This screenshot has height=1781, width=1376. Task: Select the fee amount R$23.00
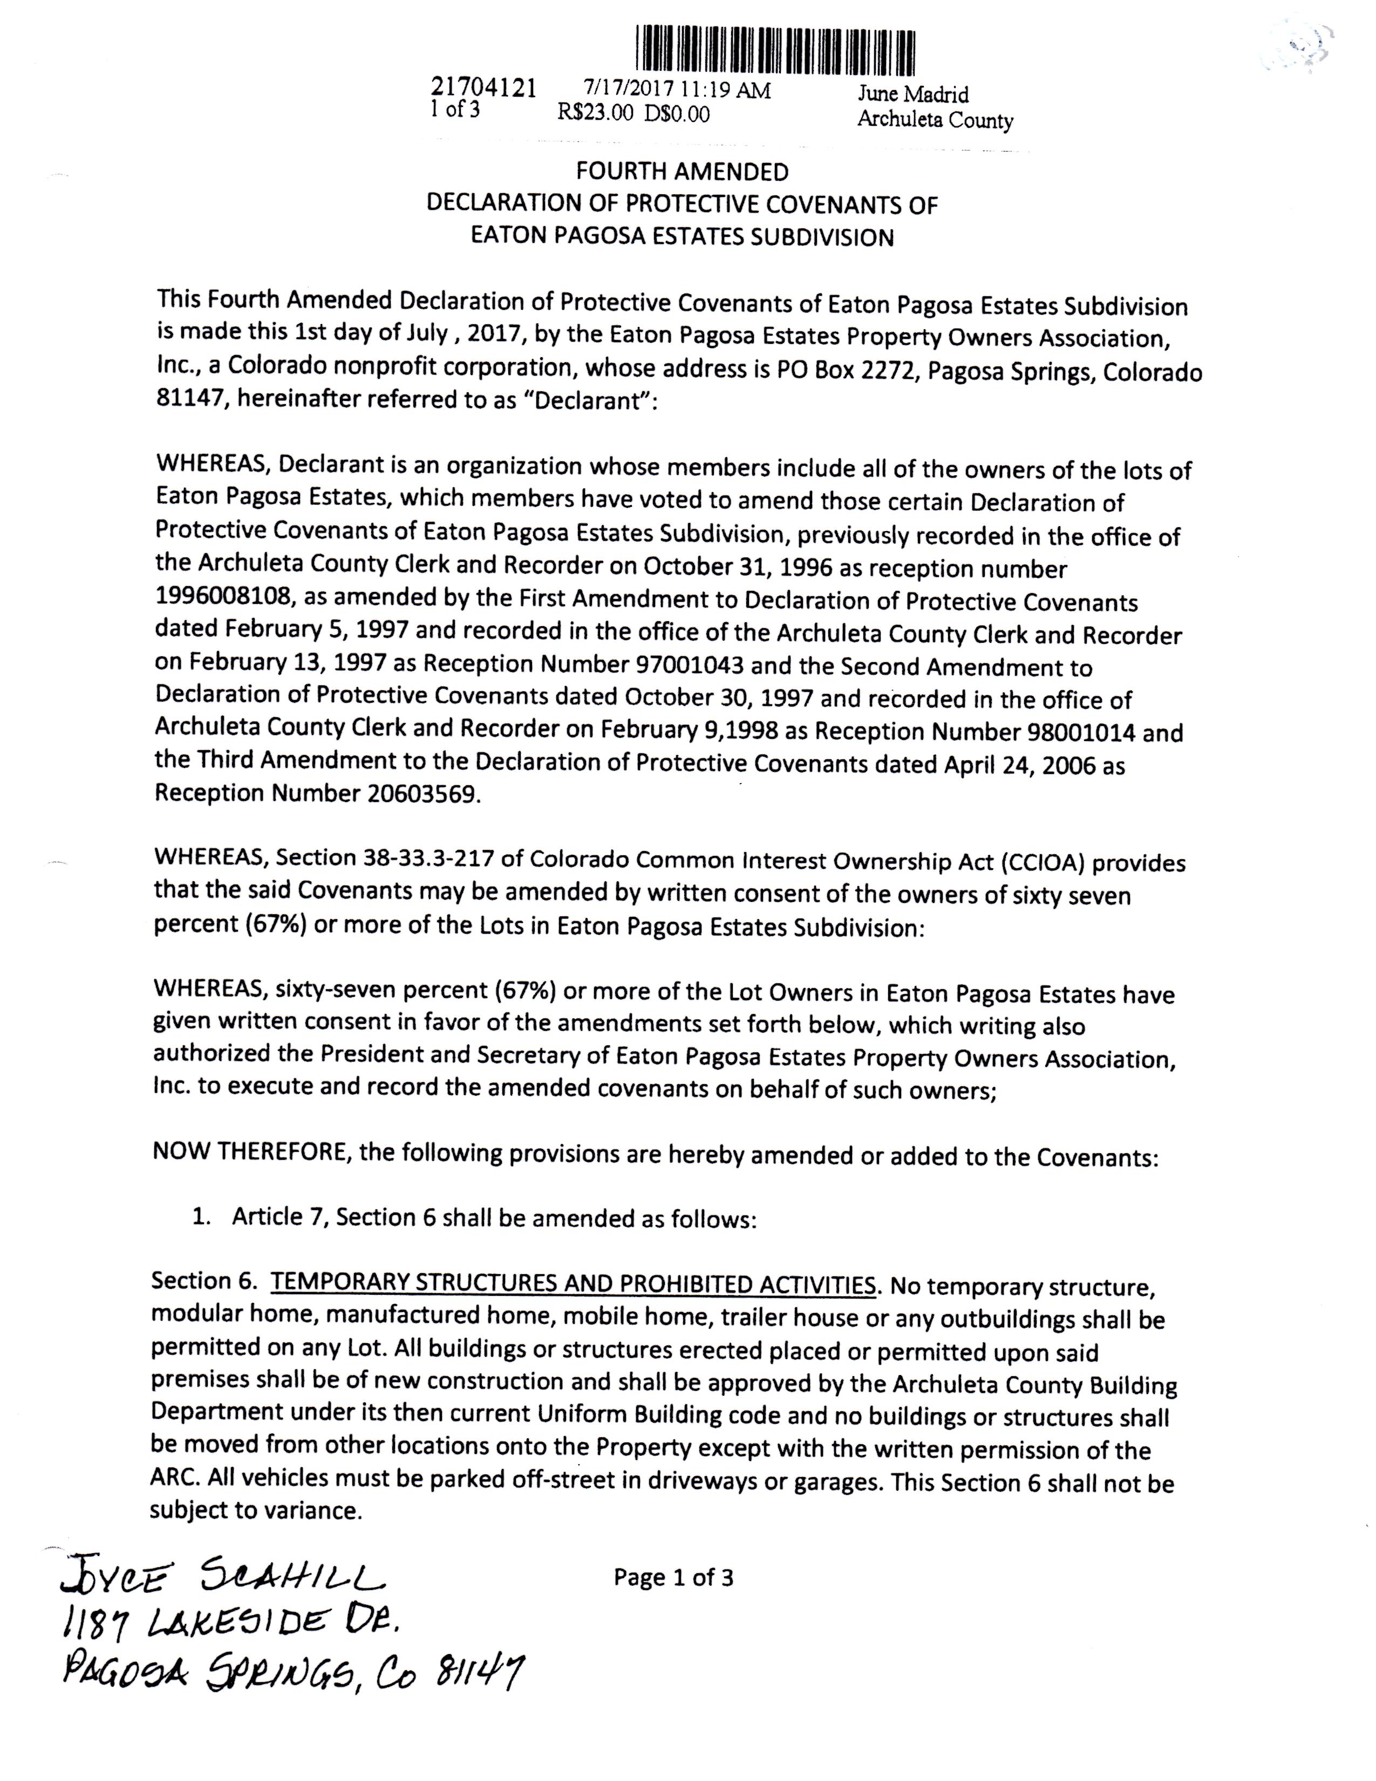click(x=595, y=113)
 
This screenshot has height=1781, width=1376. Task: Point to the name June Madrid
click(x=913, y=94)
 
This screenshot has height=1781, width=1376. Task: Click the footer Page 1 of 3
click(x=673, y=1577)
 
